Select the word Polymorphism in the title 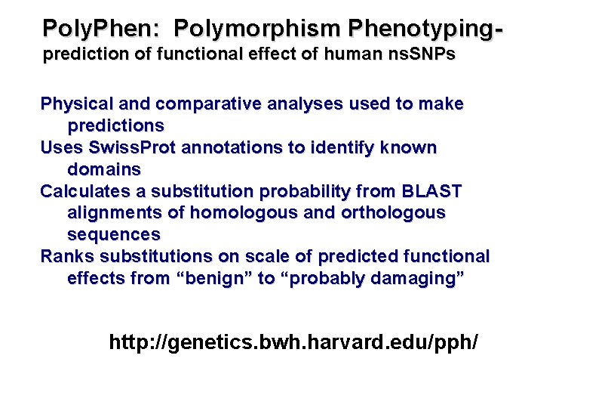256,29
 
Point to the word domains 104,168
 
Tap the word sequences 113,234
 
